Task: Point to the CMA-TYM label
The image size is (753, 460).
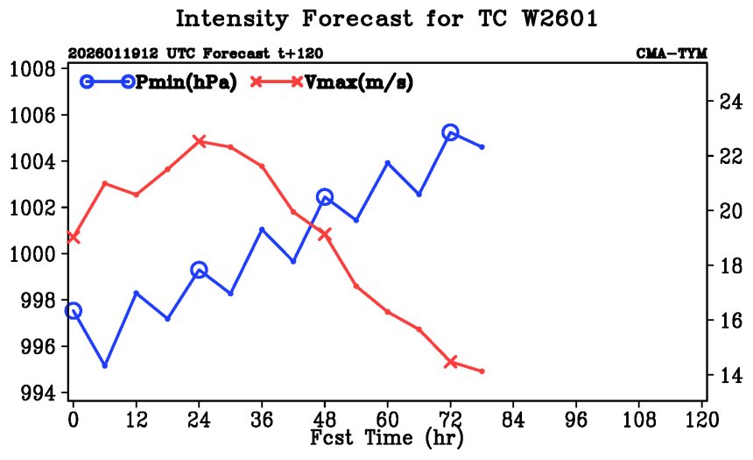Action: [671, 54]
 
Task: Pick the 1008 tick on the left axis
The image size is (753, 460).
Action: [32, 69]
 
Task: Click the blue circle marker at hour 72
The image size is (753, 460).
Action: [451, 132]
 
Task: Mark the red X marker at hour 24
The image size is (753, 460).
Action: [200, 140]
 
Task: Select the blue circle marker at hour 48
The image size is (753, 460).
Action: [325, 197]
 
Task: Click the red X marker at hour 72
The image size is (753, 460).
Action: [451, 362]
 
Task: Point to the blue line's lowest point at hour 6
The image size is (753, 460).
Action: [105, 365]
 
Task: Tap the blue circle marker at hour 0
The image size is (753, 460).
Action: [74, 311]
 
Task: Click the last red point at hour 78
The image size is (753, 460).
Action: [482, 372]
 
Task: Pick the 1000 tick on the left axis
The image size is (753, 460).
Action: [32, 254]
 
